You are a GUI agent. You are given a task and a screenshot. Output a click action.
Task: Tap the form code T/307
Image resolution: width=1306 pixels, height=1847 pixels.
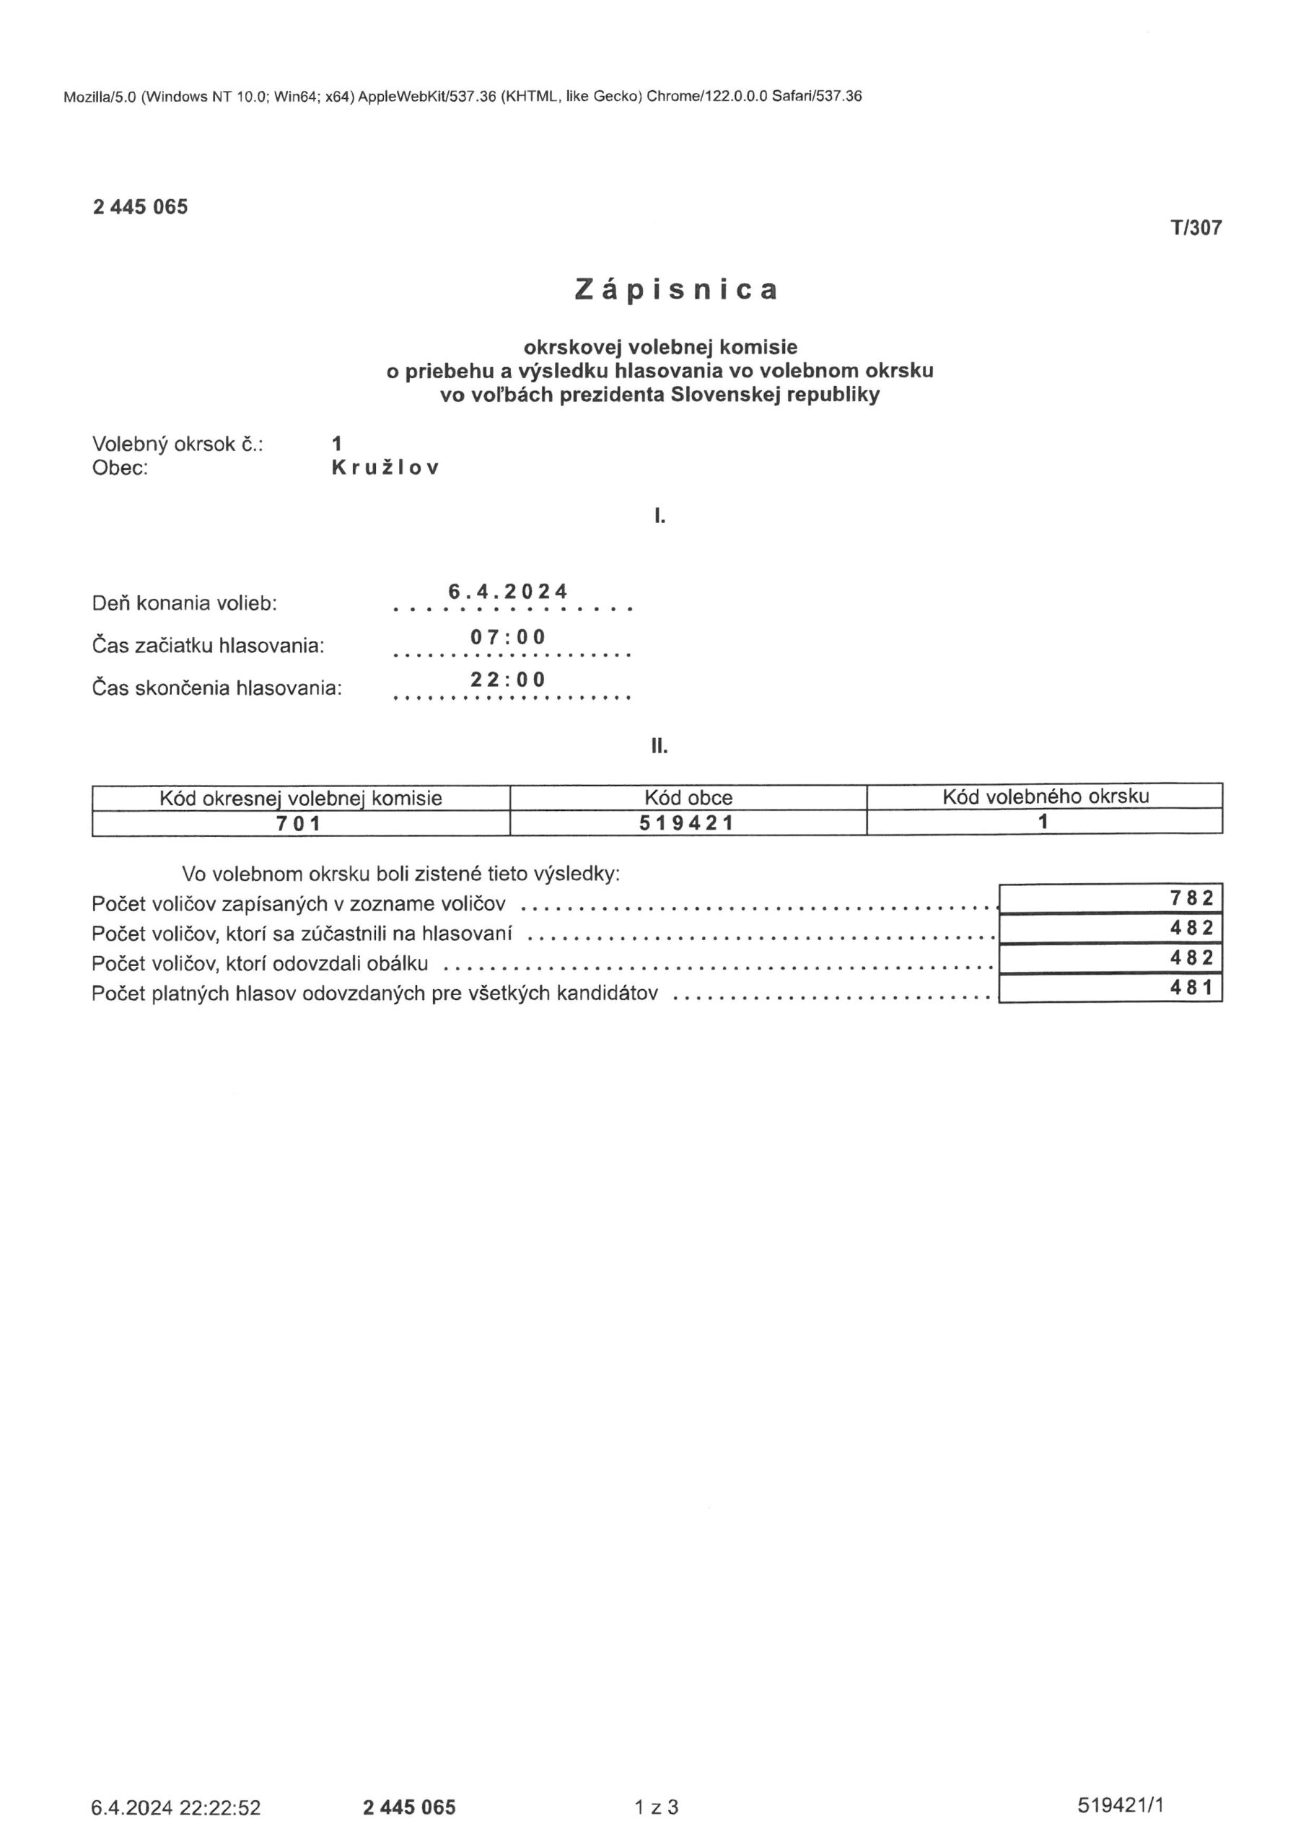[1196, 229]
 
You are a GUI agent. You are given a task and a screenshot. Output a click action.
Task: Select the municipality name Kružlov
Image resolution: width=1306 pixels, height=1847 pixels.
[385, 468]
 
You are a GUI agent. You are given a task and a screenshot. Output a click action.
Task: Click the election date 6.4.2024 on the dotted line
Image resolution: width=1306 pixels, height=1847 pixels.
[508, 592]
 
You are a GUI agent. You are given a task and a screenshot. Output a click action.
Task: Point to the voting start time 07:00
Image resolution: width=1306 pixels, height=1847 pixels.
[508, 638]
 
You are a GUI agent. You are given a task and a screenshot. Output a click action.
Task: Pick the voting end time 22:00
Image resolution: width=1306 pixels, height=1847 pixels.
[508, 680]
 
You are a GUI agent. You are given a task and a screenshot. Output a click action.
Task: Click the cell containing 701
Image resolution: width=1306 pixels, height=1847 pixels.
[299, 824]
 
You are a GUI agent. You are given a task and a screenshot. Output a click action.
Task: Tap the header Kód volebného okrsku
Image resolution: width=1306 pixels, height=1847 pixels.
[1046, 797]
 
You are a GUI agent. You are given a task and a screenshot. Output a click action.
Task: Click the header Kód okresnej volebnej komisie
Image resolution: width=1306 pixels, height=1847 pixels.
[300, 798]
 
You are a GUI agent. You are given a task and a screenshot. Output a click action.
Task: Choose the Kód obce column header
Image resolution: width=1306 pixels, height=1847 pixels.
[688, 798]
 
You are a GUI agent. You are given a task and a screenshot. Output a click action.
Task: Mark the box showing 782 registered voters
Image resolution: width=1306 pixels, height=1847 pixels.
[1110, 898]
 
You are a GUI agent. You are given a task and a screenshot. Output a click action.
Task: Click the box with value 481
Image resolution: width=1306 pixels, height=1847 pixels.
[1110, 988]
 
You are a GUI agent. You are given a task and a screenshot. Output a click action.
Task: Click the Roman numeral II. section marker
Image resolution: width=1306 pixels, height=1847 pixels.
[659, 747]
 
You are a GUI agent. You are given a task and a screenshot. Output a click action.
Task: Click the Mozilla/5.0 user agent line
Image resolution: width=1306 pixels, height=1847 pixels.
[463, 97]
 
